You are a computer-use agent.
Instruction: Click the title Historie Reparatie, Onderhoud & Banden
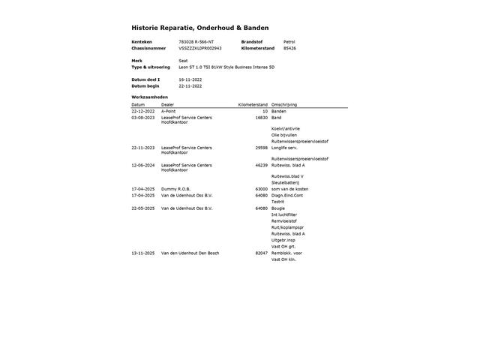coord(199,27)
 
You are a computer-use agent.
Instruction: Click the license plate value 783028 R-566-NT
coord(196,41)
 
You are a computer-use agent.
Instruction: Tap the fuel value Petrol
coord(289,41)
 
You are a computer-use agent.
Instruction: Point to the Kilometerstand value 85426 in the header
coord(289,48)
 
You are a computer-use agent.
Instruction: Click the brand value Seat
coord(183,61)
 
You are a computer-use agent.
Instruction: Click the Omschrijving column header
coord(285,104)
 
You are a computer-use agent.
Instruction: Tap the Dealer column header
coord(167,104)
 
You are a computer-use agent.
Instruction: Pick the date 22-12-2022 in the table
coord(142,111)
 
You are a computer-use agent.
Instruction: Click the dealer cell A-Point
coord(169,111)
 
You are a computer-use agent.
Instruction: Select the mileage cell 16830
coord(261,118)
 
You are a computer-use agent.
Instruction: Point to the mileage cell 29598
coord(261,148)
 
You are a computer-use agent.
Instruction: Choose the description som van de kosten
coord(289,189)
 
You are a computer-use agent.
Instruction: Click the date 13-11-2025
coord(142,253)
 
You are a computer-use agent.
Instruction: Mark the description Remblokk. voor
coord(287,253)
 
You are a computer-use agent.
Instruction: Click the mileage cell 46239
coord(261,165)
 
